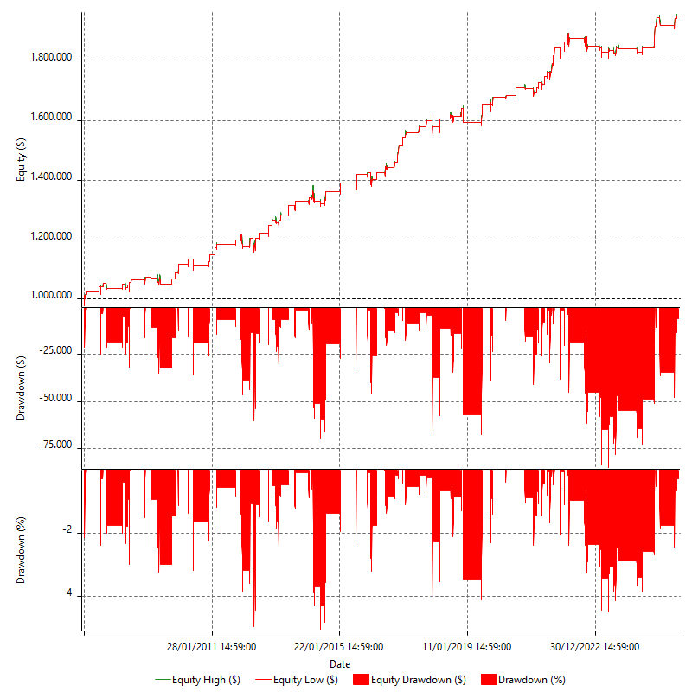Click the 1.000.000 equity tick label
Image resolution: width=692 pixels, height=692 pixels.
tap(52, 297)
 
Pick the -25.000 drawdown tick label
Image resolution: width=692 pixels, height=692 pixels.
tap(57, 353)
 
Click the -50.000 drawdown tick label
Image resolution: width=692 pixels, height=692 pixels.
tap(57, 400)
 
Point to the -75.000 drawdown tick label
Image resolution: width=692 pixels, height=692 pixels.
tap(57, 446)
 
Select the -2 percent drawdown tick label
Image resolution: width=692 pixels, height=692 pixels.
tap(68, 532)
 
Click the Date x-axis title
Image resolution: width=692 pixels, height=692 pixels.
tap(339, 663)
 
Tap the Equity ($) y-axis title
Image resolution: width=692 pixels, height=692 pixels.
tap(22, 158)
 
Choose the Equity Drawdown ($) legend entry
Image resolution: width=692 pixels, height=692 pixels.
tap(411, 680)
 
